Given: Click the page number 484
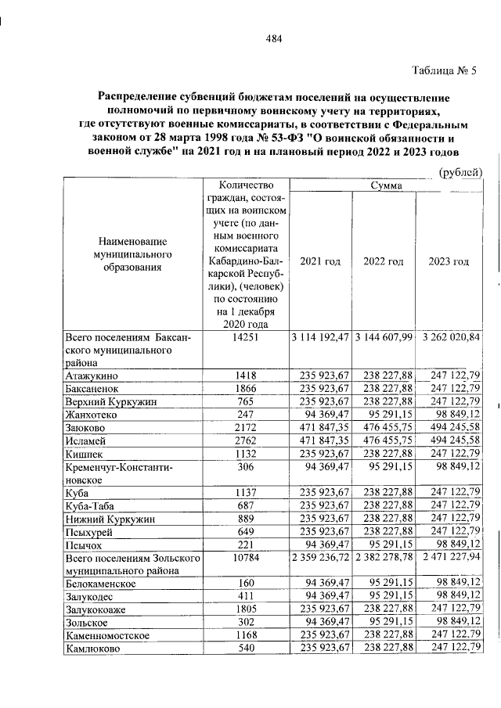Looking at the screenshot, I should click(x=273, y=39).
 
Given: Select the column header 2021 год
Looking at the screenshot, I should click(x=320, y=261).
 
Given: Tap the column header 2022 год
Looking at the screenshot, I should click(x=384, y=261).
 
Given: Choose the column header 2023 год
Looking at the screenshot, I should click(x=449, y=261).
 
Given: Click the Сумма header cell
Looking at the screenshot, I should click(x=386, y=185).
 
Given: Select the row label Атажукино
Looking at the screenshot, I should click(x=93, y=376).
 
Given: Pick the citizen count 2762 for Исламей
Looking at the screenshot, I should click(x=247, y=442).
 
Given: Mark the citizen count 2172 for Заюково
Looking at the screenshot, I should click(x=247, y=429).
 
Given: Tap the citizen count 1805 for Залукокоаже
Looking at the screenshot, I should click(x=247, y=610).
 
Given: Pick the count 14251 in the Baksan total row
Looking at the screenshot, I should click(x=247, y=338).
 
